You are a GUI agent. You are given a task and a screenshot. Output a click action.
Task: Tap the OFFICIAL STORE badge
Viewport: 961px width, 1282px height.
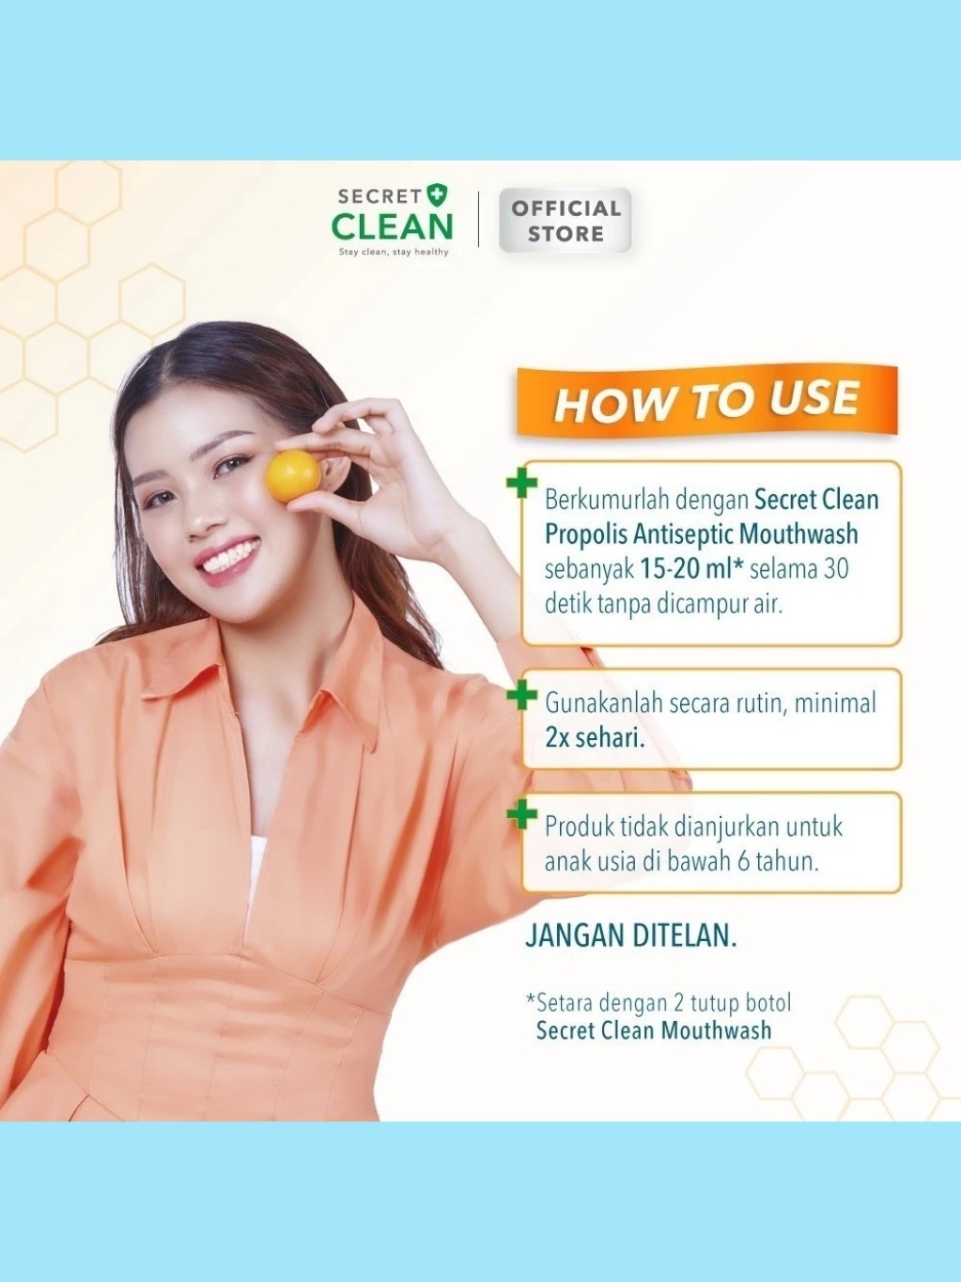pyautogui.click(x=565, y=221)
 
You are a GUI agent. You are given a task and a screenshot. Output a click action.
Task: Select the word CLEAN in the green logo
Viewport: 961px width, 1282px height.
pyautogui.click(x=392, y=226)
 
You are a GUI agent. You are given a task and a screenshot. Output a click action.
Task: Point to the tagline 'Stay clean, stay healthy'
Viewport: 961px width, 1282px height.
pyautogui.click(x=394, y=252)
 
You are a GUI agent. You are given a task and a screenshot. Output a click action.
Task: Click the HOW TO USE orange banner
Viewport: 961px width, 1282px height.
pyautogui.click(x=706, y=401)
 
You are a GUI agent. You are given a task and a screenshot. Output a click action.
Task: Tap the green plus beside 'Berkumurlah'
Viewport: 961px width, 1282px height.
pyautogui.click(x=521, y=483)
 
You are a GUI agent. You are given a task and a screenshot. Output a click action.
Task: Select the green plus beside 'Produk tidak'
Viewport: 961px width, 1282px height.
pyautogui.click(x=521, y=815)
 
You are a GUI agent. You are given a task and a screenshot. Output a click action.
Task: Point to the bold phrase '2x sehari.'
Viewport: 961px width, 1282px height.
pyautogui.click(x=595, y=739)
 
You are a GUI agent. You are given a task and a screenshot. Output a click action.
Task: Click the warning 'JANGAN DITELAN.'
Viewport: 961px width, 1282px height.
pyautogui.click(x=630, y=935)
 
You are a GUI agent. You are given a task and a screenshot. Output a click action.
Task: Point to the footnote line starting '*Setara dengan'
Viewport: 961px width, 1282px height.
pyautogui.click(x=659, y=1002)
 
